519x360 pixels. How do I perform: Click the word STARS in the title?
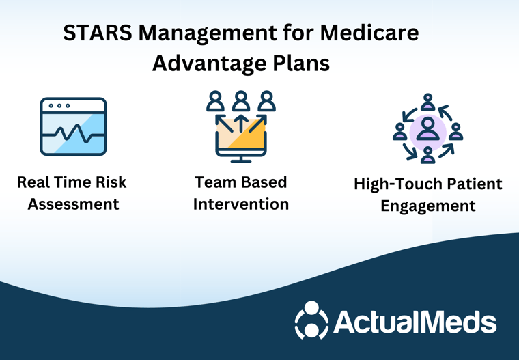tap(98, 33)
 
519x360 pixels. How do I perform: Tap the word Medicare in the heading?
tap(369, 33)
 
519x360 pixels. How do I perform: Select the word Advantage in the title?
tap(209, 64)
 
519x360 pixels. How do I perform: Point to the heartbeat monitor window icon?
tap(73, 126)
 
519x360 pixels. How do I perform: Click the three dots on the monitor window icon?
tap(59, 106)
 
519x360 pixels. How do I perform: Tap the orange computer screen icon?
tap(241, 139)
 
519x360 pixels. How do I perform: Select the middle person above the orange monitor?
tap(241, 100)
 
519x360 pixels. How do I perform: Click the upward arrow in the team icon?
tap(241, 123)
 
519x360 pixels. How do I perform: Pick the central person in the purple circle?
tap(428, 129)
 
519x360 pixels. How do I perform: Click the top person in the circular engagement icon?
tap(428, 102)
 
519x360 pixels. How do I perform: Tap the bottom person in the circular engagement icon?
tap(428, 155)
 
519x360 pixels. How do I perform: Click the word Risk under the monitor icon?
tap(111, 182)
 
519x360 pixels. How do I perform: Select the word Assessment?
tap(73, 204)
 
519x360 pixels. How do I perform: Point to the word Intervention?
tap(241, 204)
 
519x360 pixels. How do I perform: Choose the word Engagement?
tap(428, 206)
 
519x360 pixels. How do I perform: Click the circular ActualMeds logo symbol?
tap(311, 320)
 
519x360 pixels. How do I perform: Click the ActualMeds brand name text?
tap(415, 321)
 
